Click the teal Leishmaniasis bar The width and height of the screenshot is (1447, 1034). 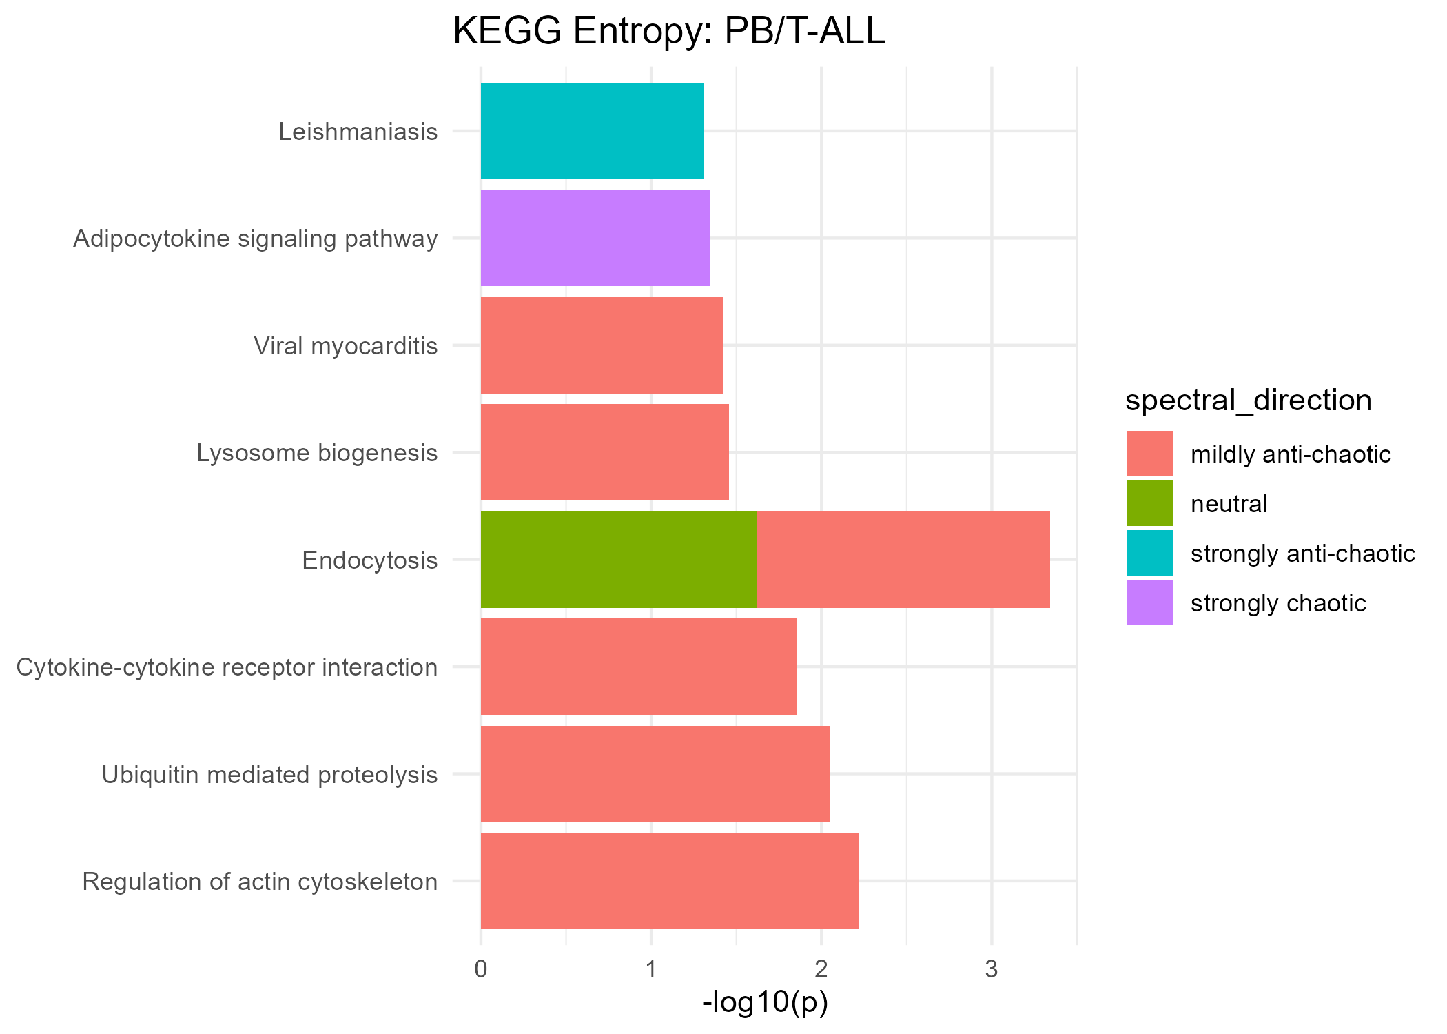click(592, 131)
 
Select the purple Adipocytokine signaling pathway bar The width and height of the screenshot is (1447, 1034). click(595, 238)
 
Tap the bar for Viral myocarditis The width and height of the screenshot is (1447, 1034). click(601, 345)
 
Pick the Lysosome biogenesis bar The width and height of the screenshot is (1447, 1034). click(604, 452)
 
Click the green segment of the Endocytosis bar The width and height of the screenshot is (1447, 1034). click(618, 560)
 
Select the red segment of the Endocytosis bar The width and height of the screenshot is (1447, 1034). click(903, 560)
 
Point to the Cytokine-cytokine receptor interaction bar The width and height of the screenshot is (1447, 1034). click(638, 667)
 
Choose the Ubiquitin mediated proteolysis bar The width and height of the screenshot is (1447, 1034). click(655, 773)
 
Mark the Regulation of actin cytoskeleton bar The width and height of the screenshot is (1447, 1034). click(670, 881)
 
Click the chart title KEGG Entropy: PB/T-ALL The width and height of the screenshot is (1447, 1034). click(668, 32)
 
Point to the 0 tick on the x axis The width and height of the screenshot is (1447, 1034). click(480, 969)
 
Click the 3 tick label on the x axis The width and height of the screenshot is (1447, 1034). click(991, 969)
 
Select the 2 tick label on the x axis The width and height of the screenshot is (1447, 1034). click(821, 969)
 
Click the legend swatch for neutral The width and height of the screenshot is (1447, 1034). click(1150, 504)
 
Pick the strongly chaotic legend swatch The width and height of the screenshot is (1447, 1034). click(1150, 603)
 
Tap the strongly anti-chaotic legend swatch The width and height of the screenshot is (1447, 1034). click(1150, 554)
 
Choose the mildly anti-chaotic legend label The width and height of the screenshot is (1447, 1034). click(1291, 454)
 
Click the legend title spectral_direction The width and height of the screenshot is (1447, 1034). click(1248, 401)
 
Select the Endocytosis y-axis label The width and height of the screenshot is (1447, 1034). click(370, 560)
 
